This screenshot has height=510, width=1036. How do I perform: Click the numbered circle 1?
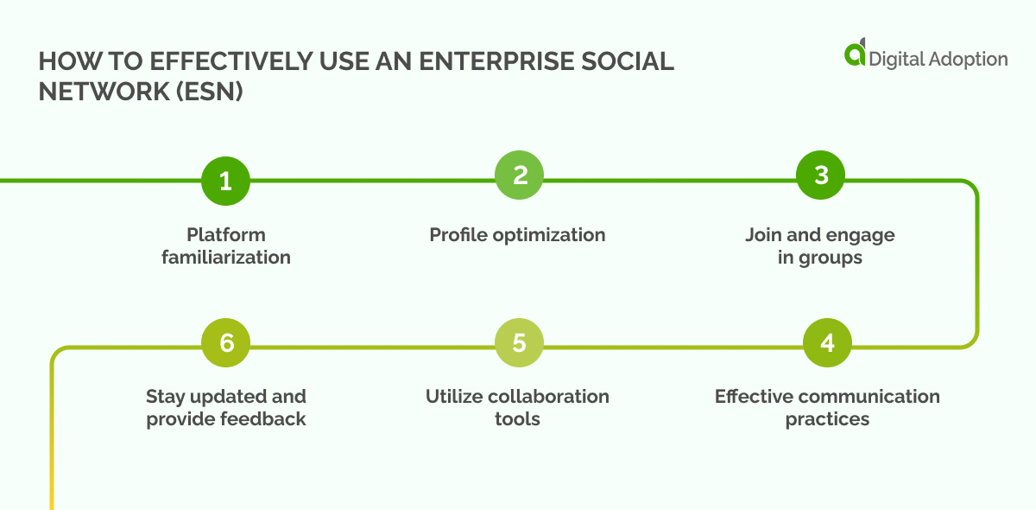(x=225, y=181)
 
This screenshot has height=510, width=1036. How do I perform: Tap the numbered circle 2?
(x=519, y=176)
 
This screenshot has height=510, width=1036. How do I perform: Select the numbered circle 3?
(x=820, y=175)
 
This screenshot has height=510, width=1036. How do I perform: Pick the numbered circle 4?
(x=827, y=343)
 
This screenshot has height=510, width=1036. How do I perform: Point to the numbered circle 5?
(x=519, y=343)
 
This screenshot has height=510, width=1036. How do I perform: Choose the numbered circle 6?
(x=225, y=343)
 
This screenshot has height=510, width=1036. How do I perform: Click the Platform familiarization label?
(x=225, y=246)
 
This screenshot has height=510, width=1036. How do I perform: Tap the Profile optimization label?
(x=517, y=235)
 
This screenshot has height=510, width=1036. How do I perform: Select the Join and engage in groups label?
(x=819, y=246)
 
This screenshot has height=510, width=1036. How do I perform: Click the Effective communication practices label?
(x=827, y=408)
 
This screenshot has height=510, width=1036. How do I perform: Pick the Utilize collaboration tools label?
(x=517, y=408)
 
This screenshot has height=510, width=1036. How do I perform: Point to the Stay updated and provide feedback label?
(x=225, y=408)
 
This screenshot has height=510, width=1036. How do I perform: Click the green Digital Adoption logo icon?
(x=855, y=54)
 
